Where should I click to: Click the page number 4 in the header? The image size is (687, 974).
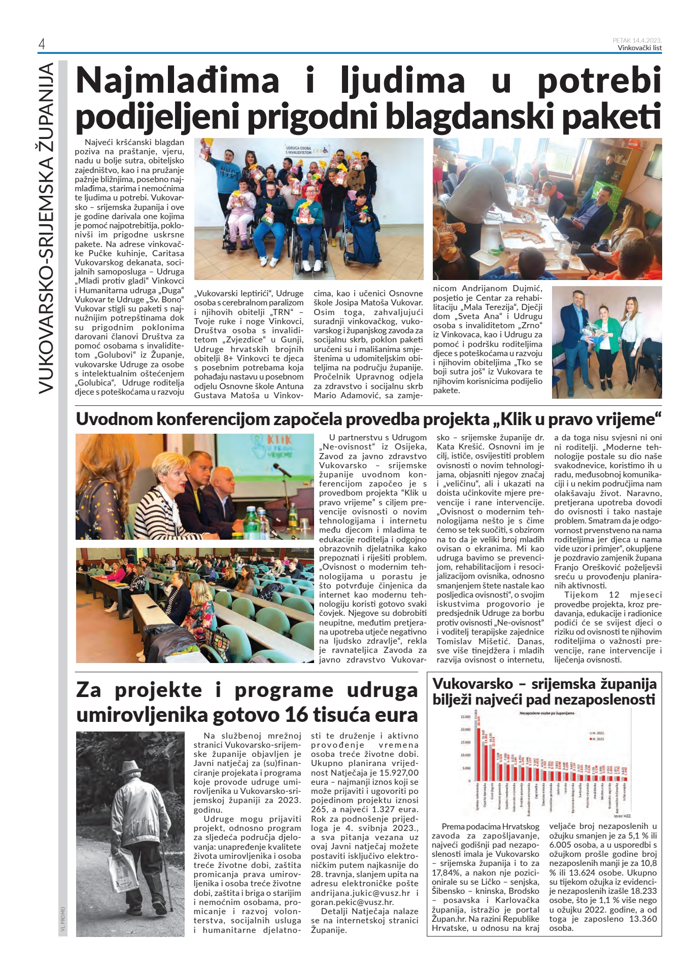click(x=42, y=45)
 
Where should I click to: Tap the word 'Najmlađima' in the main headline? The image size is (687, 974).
click(x=178, y=81)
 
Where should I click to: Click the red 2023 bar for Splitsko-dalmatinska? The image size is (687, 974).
click(x=478, y=756)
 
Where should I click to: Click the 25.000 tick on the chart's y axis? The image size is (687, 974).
click(x=465, y=717)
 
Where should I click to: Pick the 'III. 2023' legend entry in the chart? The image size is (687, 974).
click(x=597, y=739)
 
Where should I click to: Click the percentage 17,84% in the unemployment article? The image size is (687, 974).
click(x=444, y=873)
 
